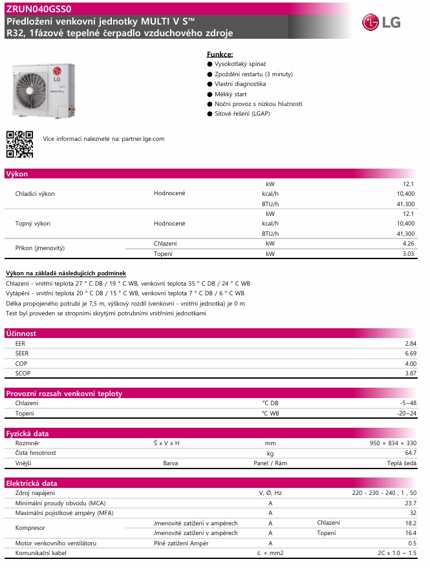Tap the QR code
tap(19, 144)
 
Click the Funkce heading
tap(220, 55)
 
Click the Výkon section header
tap(17, 174)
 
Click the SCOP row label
tap(23, 373)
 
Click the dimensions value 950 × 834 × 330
tap(392, 443)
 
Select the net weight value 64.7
tap(410, 453)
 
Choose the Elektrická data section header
tap(32, 483)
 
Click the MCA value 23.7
tap(410, 503)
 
